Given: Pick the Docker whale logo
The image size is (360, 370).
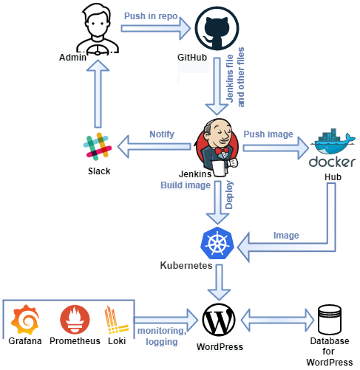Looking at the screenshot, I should click(x=333, y=151).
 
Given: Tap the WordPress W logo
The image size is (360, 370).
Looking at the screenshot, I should click(x=220, y=320).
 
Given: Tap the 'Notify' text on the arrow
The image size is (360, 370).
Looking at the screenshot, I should click(x=161, y=135).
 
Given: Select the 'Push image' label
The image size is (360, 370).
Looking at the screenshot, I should click(x=268, y=134).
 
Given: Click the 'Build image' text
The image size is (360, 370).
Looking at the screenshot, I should click(x=185, y=185).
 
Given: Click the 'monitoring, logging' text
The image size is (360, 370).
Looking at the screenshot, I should click(x=162, y=337).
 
